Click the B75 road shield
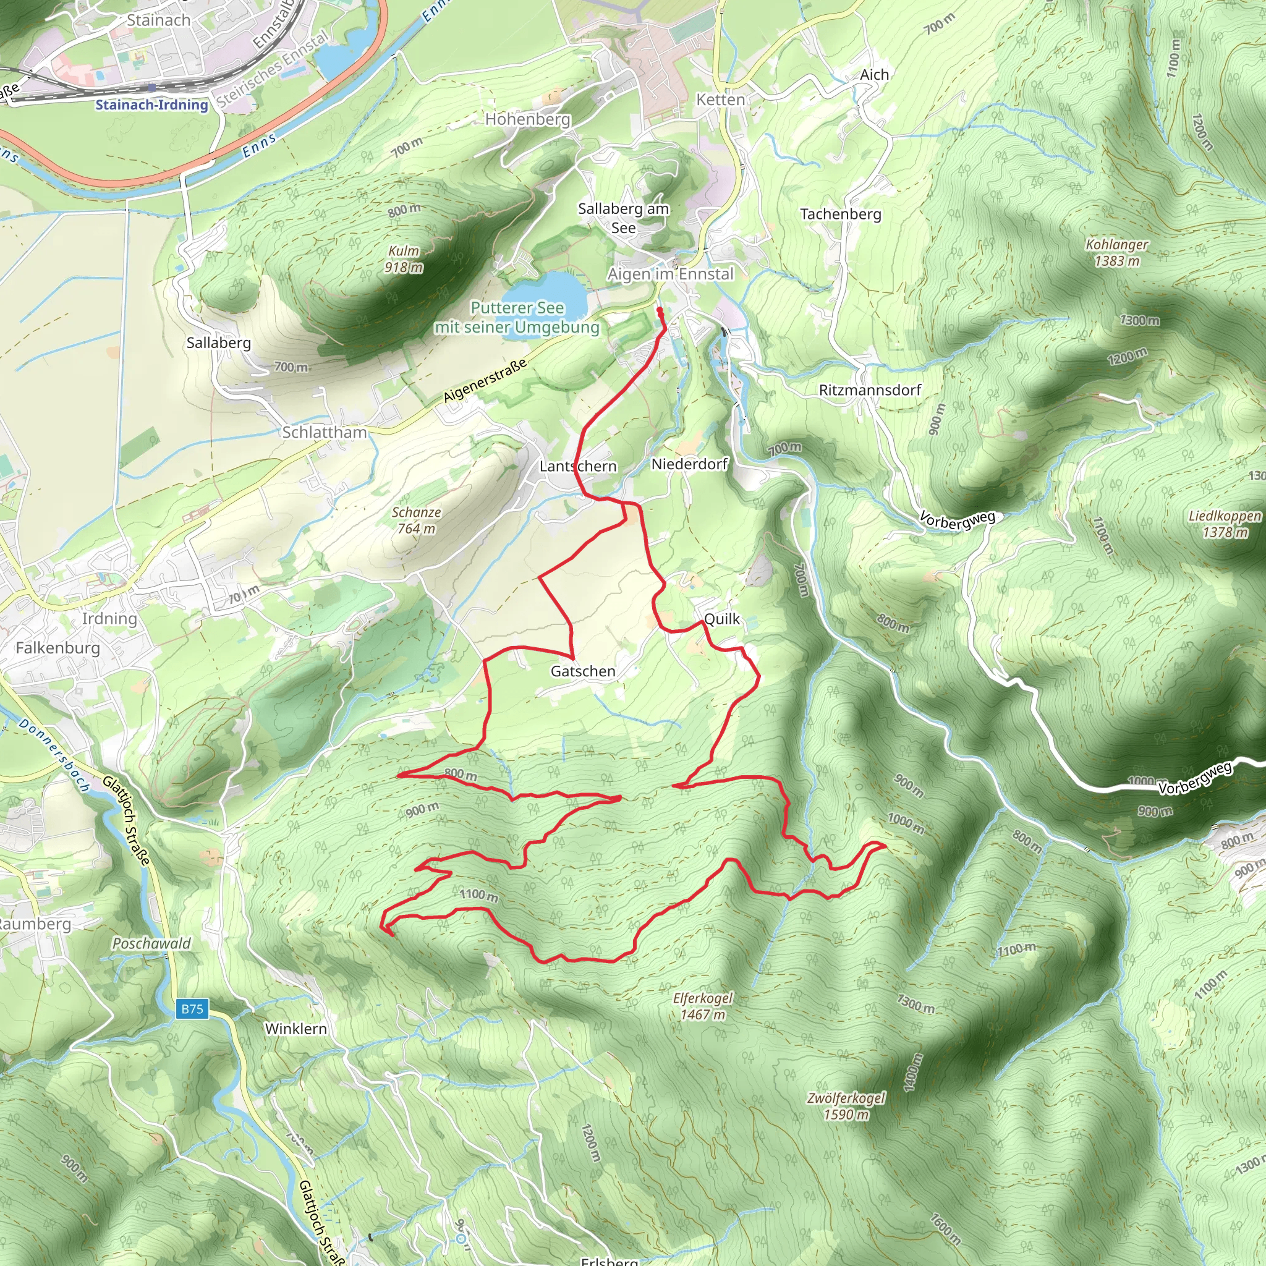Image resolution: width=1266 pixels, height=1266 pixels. (x=193, y=1009)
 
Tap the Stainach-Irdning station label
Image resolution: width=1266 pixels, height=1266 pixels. (x=151, y=105)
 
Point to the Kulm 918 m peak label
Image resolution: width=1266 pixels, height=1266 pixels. (x=404, y=259)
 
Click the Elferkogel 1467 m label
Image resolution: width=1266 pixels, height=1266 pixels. (x=702, y=1006)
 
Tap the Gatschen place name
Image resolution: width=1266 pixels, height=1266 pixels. (x=582, y=671)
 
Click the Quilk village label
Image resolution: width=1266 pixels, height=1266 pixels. (x=721, y=619)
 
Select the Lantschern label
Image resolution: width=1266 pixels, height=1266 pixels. (x=578, y=466)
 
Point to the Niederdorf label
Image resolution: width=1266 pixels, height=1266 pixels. (x=689, y=464)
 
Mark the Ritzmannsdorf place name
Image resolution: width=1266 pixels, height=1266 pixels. (x=870, y=390)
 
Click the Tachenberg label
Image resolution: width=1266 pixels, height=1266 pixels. (x=840, y=214)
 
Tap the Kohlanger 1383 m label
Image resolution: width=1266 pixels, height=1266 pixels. (x=1116, y=252)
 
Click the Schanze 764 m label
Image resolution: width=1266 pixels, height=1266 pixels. (x=416, y=520)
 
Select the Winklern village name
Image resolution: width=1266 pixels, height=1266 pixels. (x=295, y=1029)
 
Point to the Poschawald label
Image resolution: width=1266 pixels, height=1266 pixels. (x=151, y=943)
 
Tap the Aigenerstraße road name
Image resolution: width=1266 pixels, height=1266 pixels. (x=484, y=381)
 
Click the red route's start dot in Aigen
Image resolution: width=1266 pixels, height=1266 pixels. (x=659, y=310)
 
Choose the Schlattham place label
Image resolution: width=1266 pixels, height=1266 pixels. (x=325, y=432)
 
